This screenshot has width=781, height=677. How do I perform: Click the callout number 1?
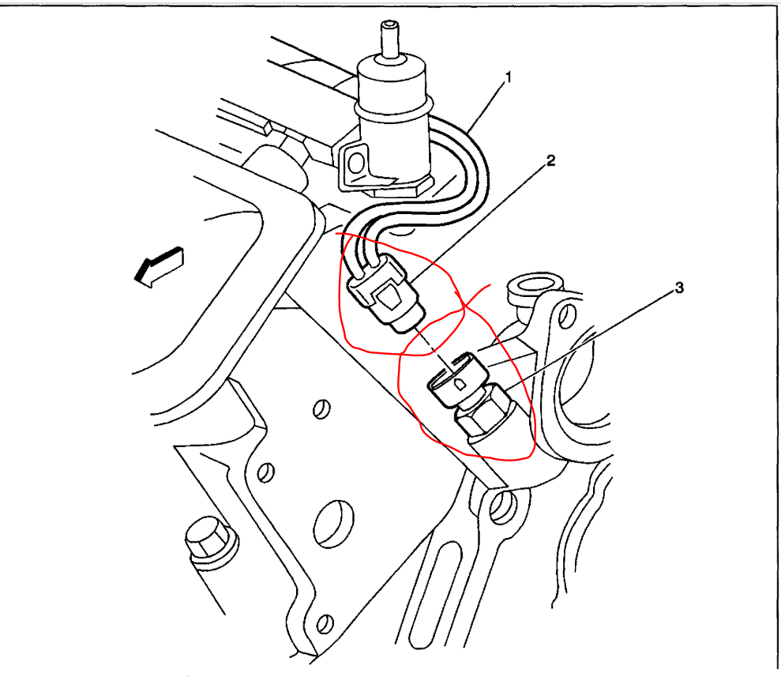(509, 77)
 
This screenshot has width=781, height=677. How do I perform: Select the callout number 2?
(551, 160)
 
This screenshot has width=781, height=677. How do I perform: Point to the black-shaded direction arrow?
(158, 266)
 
